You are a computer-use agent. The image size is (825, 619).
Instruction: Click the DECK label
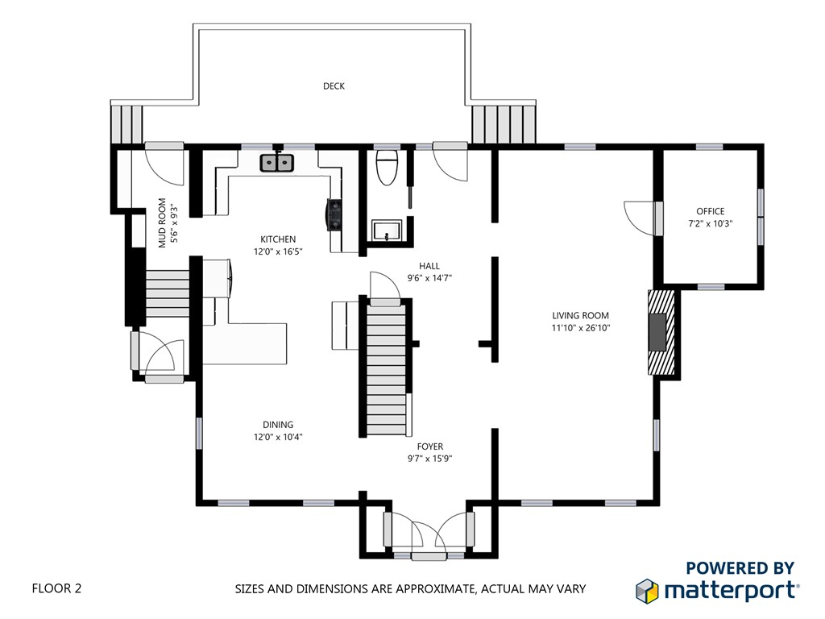tap(334, 86)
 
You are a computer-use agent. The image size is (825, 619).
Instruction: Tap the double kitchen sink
tap(277, 163)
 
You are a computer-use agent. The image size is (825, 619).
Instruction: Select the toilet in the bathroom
tap(388, 168)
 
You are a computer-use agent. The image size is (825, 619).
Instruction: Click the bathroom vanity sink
tap(387, 231)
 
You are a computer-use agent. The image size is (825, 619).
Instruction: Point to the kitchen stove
tap(334, 214)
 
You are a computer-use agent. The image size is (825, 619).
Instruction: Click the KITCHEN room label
tap(278, 239)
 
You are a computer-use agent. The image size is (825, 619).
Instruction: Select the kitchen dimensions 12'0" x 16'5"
tap(278, 251)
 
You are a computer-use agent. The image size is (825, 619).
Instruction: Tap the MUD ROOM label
tap(162, 222)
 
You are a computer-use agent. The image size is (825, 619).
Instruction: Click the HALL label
tap(429, 266)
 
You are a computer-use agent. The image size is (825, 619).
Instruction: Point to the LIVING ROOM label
tap(580, 316)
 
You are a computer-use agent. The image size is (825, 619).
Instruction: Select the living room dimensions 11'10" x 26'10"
tap(580, 328)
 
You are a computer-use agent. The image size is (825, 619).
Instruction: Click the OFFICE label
tap(711, 212)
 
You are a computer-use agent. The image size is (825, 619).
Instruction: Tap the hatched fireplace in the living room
tap(661, 331)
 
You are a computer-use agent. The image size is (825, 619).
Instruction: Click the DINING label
tap(278, 425)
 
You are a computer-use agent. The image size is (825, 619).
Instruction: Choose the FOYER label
tap(430, 447)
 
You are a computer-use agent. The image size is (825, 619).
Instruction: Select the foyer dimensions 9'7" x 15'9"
tap(430, 459)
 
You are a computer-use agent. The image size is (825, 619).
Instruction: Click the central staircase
tap(387, 368)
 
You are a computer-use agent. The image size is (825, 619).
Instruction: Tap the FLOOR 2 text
tap(57, 588)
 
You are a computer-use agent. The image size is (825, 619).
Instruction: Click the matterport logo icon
tap(647, 591)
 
